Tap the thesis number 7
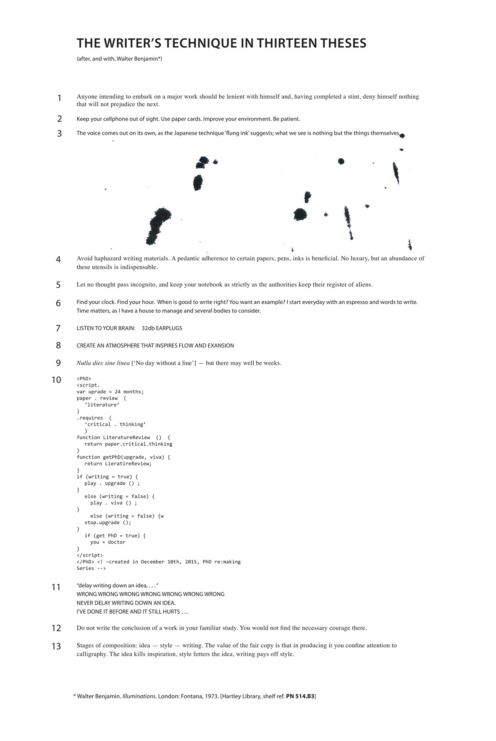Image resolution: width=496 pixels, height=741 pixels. click(x=58, y=328)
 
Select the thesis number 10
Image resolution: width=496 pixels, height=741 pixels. click(x=56, y=380)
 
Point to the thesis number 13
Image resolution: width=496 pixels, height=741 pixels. click(x=56, y=646)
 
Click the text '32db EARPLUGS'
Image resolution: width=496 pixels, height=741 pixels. click(x=162, y=328)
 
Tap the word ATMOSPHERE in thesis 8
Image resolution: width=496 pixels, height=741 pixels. click(x=123, y=346)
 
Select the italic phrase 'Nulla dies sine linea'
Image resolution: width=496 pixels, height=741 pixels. click(x=103, y=363)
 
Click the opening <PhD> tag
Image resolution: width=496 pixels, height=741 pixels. click(x=84, y=378)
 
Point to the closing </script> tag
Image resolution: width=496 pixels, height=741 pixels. click(x=89, y=555)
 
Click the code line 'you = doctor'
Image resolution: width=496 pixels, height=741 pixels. click(x=108, y=542)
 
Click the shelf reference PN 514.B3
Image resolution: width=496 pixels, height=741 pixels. click(x=300, y=696)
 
